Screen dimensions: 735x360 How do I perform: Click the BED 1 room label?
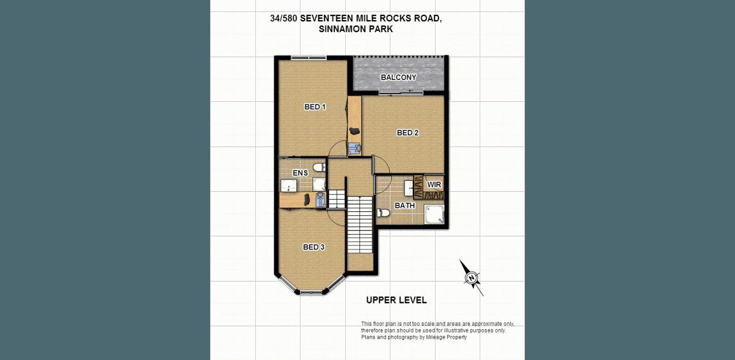point(315,106)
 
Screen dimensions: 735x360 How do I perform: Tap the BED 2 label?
point(408,133)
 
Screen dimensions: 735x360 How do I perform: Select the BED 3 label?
point(314,247)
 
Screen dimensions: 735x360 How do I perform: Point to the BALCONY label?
point(398,77)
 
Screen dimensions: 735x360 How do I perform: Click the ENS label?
point(300,173)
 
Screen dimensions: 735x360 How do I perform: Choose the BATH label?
point(405,205)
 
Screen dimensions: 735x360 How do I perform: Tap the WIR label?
point(434,184)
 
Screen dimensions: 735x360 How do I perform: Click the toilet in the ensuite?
point(319,167)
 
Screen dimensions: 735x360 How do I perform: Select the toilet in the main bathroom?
point(383,213)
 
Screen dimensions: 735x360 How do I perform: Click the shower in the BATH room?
point(434,214)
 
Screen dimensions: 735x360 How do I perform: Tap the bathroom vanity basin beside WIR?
point(409,188)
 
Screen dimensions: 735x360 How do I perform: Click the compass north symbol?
point(472,278)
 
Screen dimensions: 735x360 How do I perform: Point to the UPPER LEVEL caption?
point(396,300)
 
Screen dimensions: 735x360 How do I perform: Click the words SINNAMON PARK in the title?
point(355,29)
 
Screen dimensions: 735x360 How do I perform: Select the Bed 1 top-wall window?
point(309,58)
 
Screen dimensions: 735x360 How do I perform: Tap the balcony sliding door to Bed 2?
point(401,93)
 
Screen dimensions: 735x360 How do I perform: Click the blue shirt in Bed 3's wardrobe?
point(320,200)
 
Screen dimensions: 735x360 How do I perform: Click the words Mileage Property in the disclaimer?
point(446,337)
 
